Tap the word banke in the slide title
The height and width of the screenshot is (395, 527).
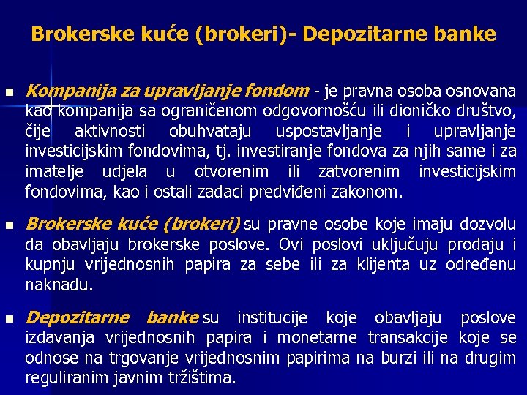coord(466,34)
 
